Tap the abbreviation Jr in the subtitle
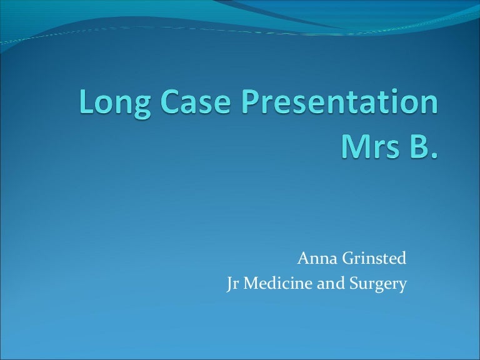click(232, 284)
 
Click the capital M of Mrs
click(352, 147)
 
